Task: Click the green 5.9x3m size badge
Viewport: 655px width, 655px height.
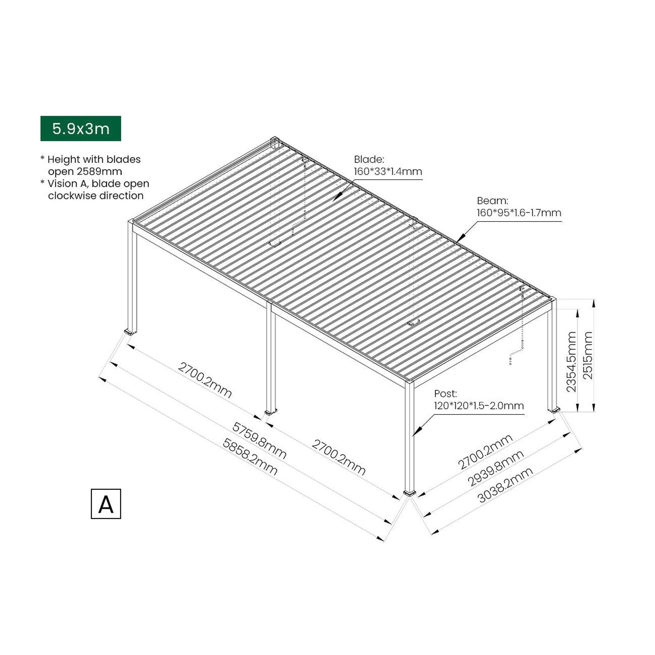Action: click(x=81, y=129)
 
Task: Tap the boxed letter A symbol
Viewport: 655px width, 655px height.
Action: click(x=106, y=504)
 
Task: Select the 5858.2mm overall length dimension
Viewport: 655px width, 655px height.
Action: click(x=250, y=456)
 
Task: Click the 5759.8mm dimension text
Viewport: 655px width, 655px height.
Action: click(x=259, y=440)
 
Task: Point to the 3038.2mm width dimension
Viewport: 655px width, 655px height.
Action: click(x=505, y=485)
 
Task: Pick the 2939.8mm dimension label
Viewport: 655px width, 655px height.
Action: click(x=496, y=468)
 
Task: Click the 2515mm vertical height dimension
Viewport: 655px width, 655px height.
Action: click(x=588, y=355)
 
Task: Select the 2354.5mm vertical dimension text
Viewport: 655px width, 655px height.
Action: click(x=571, y=362)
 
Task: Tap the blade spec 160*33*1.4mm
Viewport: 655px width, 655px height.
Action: click(x=388, y=172)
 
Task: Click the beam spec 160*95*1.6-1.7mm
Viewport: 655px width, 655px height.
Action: click(x=519, y=213)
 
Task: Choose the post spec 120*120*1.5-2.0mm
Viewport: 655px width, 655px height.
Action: click(x=479, y=406)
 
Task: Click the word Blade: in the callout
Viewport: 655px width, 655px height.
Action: click(x=369, y=159)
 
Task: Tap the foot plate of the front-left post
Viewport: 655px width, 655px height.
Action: click(x=130, y=332)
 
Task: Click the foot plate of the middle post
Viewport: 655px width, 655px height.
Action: click(x=270, y=412)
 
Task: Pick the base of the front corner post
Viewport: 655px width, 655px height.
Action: click(x=409, y=493)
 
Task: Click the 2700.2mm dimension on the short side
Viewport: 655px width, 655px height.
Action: click(x=485, y=452)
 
